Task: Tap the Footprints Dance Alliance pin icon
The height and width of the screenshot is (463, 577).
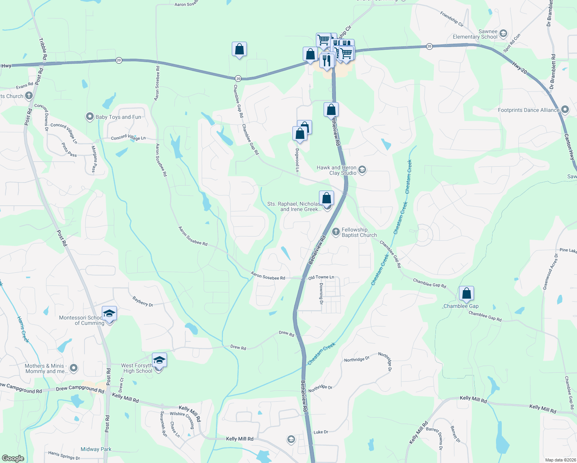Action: tap(565, 110)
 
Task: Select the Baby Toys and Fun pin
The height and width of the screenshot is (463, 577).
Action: tap(89, 116)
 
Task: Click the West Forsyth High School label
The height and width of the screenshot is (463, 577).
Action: tap(137, 368)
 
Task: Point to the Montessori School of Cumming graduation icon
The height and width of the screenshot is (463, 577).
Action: tap(109, 313)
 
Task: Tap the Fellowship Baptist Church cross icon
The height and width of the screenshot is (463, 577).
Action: tap(336, 232)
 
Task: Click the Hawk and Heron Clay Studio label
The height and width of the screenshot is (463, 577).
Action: tap(336, 170)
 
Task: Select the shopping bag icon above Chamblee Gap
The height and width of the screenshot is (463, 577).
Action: tap(466, 294)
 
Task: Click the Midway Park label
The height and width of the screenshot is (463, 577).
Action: tap(96, 449)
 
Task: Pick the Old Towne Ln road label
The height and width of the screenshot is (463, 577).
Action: tap(321, 277)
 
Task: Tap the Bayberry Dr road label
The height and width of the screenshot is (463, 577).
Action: tap(143, 301)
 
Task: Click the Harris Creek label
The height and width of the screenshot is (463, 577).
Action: tap(23, 330)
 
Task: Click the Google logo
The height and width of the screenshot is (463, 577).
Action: tap(13, 458)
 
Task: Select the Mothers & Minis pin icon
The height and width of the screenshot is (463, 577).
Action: tap(74, 368)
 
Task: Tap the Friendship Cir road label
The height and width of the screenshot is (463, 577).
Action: tap(452, 19)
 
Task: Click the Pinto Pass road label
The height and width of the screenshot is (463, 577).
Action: tap(69, 150)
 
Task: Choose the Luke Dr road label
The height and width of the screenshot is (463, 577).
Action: tap(321, 432)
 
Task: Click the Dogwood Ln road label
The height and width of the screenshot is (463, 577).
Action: tap(297, 160)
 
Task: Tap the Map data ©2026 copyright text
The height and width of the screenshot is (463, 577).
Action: tap(560, 460)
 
